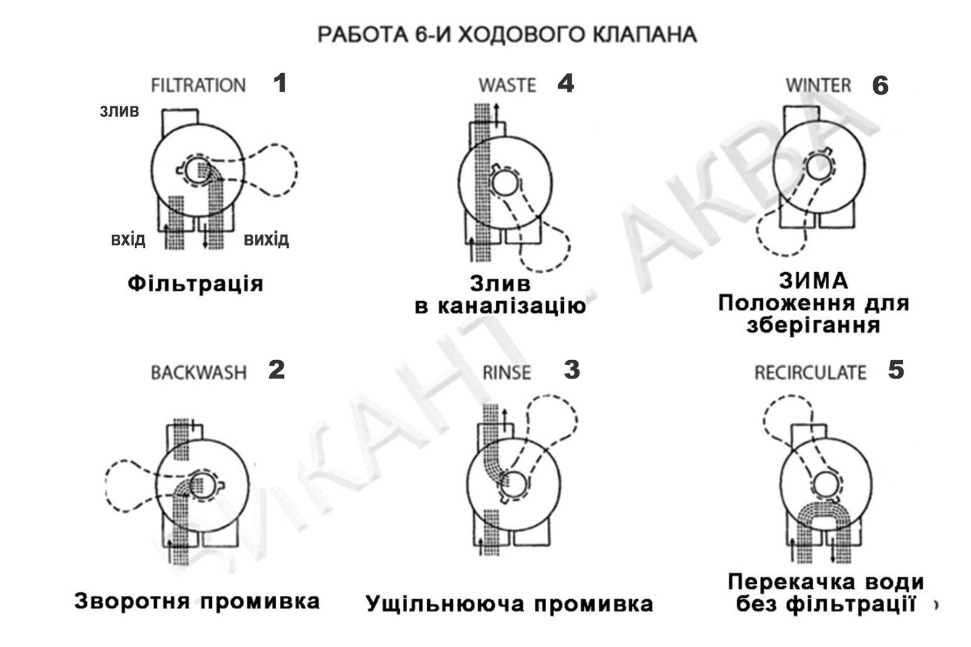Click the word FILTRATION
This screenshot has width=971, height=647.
198,85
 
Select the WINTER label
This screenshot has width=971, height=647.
819,85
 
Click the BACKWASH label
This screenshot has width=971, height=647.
198,372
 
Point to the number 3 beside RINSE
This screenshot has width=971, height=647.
572,370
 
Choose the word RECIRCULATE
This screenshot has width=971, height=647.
810,372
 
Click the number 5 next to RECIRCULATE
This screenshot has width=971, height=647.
896,370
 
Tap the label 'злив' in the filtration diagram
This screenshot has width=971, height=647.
119,111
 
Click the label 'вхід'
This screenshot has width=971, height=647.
128,239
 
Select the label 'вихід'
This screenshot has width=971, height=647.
266,239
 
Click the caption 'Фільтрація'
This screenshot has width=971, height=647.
195,284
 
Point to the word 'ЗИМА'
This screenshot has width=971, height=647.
813,281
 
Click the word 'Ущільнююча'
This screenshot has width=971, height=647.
444,604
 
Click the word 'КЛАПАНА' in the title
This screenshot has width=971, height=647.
645,35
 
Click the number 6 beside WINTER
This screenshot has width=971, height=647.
880,86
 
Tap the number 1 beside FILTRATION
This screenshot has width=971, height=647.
280,83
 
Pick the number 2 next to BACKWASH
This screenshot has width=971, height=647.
277,370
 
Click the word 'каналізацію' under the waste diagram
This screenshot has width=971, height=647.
512,306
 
